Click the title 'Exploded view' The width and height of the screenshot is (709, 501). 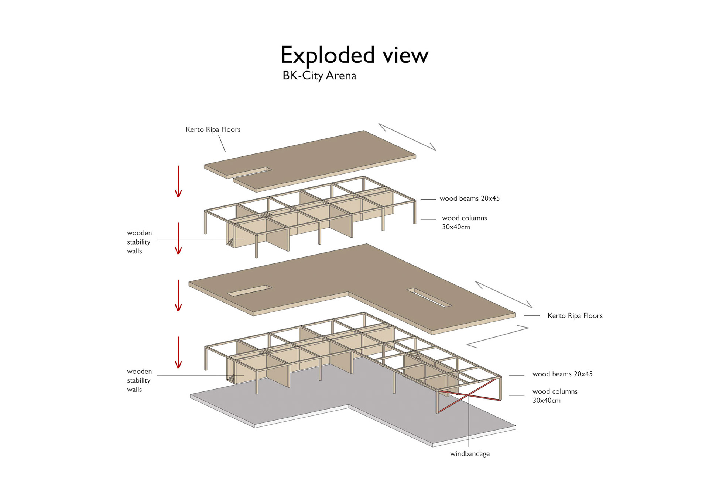coord(354,55)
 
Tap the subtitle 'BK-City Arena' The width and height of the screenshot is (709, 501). coord(319,76)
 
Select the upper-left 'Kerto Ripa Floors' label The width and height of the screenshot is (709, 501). coord(213,129)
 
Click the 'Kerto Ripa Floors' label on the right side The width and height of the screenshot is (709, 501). coord(575,316)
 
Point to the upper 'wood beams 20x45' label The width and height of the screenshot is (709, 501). coord(469,198)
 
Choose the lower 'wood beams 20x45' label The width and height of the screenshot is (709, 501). coord(562,374)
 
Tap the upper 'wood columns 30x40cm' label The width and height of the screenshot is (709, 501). coord(464,222)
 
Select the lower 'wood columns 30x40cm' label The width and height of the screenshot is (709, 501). coord(555,396)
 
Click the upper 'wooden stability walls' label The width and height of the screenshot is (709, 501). coord(139,242)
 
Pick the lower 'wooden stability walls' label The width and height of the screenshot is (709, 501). coord(139,380)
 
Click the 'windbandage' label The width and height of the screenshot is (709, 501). coord(470,454)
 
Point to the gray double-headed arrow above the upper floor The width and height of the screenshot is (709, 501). coord(407,137)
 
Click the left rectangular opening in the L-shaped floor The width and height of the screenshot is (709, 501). coord(249,291)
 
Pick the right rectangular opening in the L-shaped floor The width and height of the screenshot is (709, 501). coord(429,297)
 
